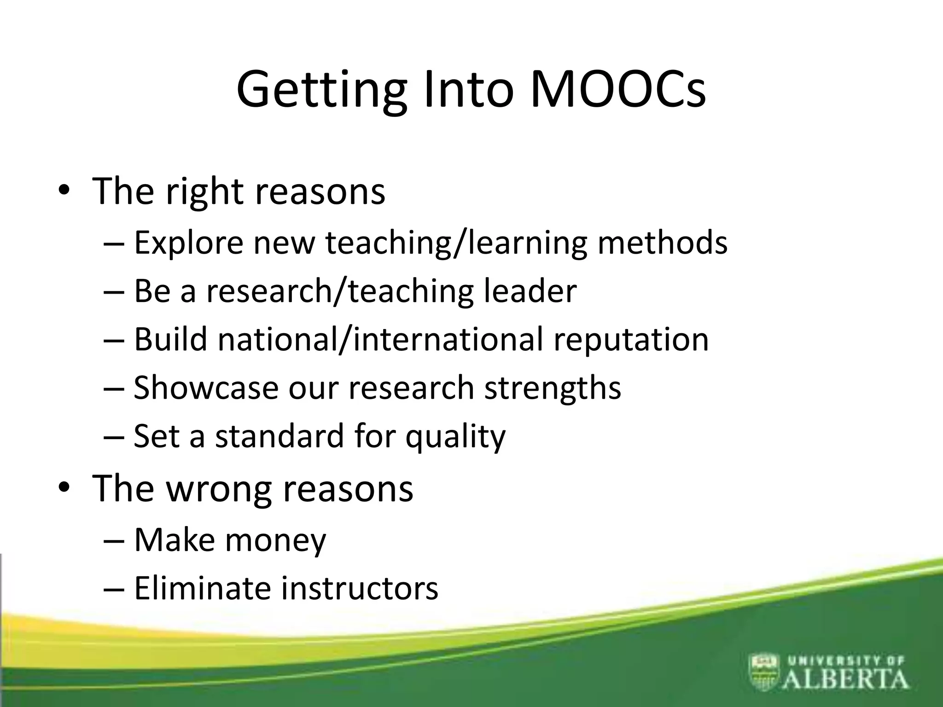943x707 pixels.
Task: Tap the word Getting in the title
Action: tap(321, 90)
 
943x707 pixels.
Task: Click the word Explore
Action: tap(188, 243)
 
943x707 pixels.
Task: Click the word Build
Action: tap(170, 339)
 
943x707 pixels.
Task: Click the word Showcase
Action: tap(206, 388)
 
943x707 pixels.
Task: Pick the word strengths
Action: tap(553, 388)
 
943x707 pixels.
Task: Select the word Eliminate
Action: tap(203, 588)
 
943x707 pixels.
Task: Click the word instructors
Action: tap(360, 589)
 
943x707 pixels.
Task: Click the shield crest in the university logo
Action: tap(764, 672)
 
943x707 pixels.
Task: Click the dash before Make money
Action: tap(114, 540)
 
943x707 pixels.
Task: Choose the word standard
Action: tap(279, 436)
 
